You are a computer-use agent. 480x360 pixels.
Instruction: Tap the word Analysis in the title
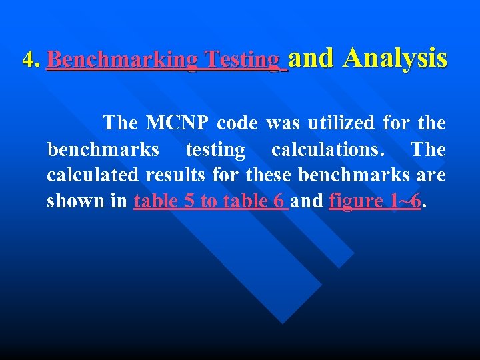(395, 58)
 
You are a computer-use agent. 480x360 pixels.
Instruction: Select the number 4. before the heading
(31, 61)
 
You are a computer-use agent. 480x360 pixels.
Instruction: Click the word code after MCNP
(237, 123)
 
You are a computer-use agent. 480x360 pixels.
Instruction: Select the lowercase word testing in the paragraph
(215, 149)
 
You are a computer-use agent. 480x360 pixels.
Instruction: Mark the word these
(269, 175)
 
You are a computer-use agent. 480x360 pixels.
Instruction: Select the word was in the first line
(280, 123)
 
